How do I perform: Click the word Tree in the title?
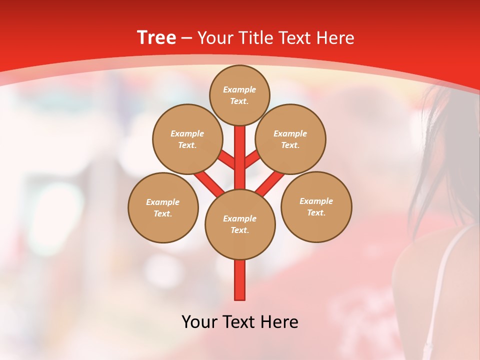coord(156,38)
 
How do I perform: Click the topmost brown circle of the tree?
coord(239,95)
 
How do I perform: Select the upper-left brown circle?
coord(187,139)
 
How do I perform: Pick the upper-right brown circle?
coord(290,139)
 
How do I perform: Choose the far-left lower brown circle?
coord(163,207)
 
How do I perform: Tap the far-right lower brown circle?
coord(316,206)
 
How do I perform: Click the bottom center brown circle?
coord(240,224)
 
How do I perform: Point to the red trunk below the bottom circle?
coord(240,280)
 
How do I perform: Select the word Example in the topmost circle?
coord(239,89)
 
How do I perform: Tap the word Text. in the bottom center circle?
coord(239,230)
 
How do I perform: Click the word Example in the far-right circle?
coord(316,201)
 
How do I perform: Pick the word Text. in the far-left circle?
coord(162,213)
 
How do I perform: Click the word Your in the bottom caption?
coord(199,321)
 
